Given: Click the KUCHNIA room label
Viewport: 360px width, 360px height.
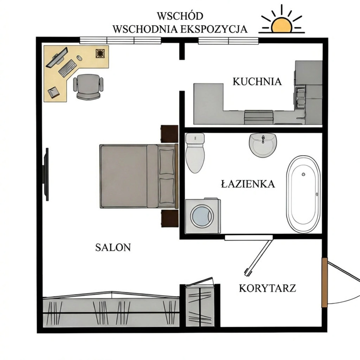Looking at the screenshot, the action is (257, 82).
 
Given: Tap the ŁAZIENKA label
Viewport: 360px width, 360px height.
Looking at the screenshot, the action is (248, 184).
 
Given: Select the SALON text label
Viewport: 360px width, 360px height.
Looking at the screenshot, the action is (113, 247).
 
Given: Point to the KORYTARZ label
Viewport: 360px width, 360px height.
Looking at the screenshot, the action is (268, 288).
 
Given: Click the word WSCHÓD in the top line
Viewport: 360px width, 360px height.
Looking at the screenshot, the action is (180, 16).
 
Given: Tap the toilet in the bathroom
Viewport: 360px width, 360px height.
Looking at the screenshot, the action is (195, 153).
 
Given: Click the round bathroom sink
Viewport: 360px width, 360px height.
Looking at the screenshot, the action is (263, 145).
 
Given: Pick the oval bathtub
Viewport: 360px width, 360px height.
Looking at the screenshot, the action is (303, 194).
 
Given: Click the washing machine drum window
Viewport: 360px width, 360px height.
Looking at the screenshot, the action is (202, 217).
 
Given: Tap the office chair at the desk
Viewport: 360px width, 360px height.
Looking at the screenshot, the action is (88, 87).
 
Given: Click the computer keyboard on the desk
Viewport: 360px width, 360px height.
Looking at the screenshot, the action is (67, 68).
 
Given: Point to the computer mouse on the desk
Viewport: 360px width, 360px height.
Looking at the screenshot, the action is (79, 58).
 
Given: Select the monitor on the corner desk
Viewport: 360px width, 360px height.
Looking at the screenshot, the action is (56, 57).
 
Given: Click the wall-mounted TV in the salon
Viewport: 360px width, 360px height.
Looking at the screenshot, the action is (46, 174).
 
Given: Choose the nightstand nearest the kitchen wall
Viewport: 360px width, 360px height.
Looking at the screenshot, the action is (169, 134).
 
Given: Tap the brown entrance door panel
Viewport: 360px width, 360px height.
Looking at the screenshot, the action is (324, 282).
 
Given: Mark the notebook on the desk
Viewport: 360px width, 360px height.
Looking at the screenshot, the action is (53, 92).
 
